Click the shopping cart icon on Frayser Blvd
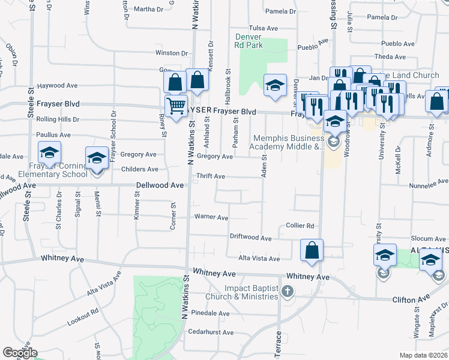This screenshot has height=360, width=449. [176, 107]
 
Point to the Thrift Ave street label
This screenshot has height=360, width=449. [211, 176]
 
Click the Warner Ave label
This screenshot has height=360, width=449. [212, 217]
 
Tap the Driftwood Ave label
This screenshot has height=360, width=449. [250, 238]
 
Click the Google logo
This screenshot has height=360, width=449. [19, 353]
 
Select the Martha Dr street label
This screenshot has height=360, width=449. [148, 9]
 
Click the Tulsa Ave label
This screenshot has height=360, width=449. [264, 28]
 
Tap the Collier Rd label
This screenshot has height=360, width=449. [300, 226]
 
